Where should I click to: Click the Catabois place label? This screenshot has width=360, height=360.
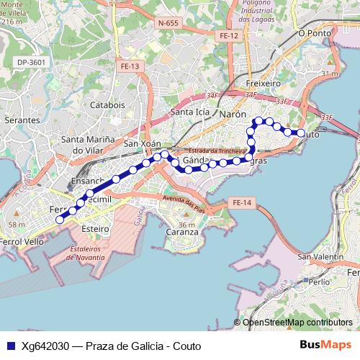coord(107,104)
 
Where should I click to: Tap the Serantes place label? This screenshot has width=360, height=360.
coord(22,120)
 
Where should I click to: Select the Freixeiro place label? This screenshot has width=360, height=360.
coord(263,84)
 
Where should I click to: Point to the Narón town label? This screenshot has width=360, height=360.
coord(233,114)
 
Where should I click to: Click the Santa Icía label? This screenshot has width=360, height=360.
coord(190,112)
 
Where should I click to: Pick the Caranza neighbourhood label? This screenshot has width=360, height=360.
coord(181,232)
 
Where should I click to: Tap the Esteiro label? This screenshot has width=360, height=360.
coord(95,228)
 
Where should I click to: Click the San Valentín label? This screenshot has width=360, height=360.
coord(320,257)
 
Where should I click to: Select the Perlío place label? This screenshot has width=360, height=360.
coord(318,283)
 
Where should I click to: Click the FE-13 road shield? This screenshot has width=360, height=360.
coord(130,66)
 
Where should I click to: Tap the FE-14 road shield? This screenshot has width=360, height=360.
coord(242,204)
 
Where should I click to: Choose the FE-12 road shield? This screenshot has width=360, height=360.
coord(229,35)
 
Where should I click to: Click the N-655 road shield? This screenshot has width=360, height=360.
coord(167,23)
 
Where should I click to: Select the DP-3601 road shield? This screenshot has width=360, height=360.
coord(32,63)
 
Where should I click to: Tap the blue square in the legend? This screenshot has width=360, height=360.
coord(11,346)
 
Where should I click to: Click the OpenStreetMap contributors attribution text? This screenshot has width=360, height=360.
coord(297,323)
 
